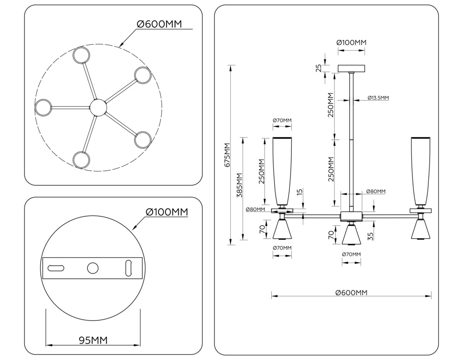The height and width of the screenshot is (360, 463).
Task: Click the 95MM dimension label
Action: pos(93,340)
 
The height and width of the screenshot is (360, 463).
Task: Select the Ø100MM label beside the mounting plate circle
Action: pos(167,212)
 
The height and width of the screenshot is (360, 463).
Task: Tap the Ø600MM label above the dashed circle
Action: pos(159,24)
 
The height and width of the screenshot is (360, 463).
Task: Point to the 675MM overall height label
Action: pos(227,155)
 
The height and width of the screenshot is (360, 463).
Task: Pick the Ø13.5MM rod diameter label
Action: pos(378,98)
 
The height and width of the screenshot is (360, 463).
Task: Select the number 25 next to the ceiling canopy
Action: pos(319,68)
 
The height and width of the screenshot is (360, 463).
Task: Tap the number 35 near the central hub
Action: pos(370,236)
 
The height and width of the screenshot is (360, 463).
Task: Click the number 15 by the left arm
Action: pos(300,193)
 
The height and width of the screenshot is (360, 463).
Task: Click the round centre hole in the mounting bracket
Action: pos(93,268)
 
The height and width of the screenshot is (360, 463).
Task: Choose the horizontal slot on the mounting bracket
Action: pos(56,268)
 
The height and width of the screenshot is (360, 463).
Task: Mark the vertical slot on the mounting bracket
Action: pos(128,268)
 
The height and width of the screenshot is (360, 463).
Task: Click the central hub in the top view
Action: pos(98,107)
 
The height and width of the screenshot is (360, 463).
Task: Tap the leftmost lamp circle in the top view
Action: pos(43,107)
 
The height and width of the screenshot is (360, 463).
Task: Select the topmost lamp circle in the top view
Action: pos(82,55)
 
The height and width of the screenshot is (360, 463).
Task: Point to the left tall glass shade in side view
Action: pos(282,170)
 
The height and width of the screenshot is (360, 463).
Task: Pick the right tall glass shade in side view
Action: pos(421,170)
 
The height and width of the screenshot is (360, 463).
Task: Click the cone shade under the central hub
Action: pos(351,235)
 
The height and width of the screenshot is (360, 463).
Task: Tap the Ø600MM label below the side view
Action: pos(351,292)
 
